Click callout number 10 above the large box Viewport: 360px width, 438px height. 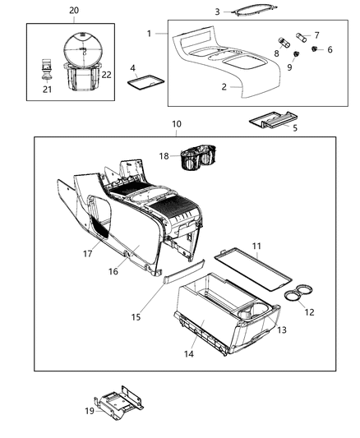[176, 124]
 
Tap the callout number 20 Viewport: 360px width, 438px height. [74, 10]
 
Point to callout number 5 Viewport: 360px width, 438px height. [294, 127]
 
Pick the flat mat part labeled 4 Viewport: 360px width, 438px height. [146, 81]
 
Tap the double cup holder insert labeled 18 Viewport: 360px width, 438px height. [200, 156]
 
